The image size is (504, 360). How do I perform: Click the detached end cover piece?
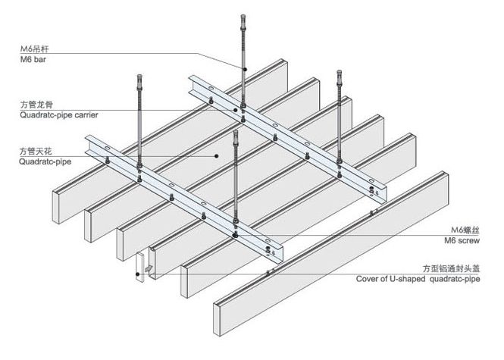[x=142, y=266]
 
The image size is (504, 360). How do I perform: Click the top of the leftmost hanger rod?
[x=140, y=77]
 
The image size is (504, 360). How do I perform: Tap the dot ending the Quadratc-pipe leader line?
[x=217, y=155]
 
